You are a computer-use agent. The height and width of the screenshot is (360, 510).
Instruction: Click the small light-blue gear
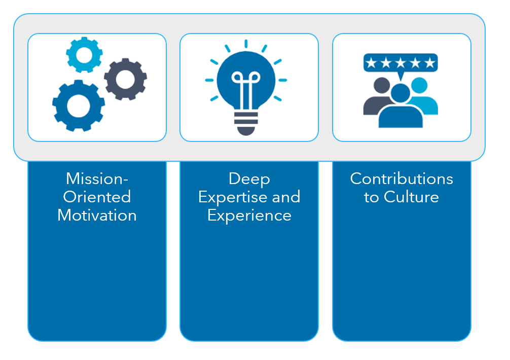pos(84,55)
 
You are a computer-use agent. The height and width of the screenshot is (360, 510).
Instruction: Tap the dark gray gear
pos(125,79)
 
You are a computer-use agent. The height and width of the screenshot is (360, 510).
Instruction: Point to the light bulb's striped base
pos(246,122)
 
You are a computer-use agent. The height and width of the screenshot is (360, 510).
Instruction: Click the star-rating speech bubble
pos(400,63)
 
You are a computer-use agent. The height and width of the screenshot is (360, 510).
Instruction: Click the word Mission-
pos(97,178)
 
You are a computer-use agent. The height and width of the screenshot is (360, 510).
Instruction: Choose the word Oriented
pos(97,197)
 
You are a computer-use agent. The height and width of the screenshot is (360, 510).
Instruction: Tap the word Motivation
pos(97,215)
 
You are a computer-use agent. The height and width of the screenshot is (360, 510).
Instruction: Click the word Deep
pos(249,178)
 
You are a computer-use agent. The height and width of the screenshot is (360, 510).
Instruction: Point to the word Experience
pos(249,215)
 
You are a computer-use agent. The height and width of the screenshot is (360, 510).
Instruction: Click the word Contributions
pos(402,178)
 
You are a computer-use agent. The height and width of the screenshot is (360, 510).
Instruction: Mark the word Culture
pos(411,197)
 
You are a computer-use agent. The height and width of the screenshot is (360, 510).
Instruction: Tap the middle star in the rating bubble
pos(400,63)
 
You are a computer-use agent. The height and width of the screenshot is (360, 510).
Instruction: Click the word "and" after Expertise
pos(285,197)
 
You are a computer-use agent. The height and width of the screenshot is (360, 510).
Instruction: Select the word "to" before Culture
pos(371,197)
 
